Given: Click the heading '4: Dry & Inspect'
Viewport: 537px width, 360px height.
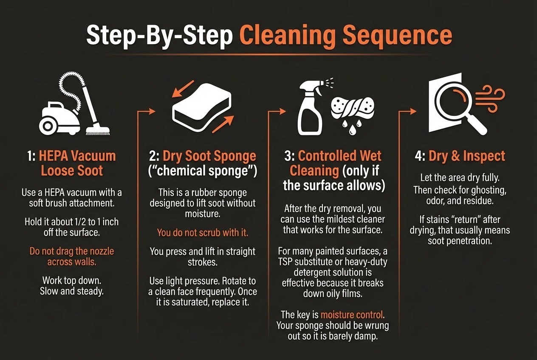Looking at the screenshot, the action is (x=460, y=156).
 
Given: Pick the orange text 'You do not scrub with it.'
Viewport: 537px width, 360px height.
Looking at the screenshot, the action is (x=202, y=233).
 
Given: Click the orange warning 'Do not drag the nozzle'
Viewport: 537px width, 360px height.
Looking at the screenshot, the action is (x=71, y=251).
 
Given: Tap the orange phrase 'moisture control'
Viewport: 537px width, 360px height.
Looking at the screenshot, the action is (x=352, y=315).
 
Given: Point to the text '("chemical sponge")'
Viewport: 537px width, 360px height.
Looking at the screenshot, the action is (x=203, y=172).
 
